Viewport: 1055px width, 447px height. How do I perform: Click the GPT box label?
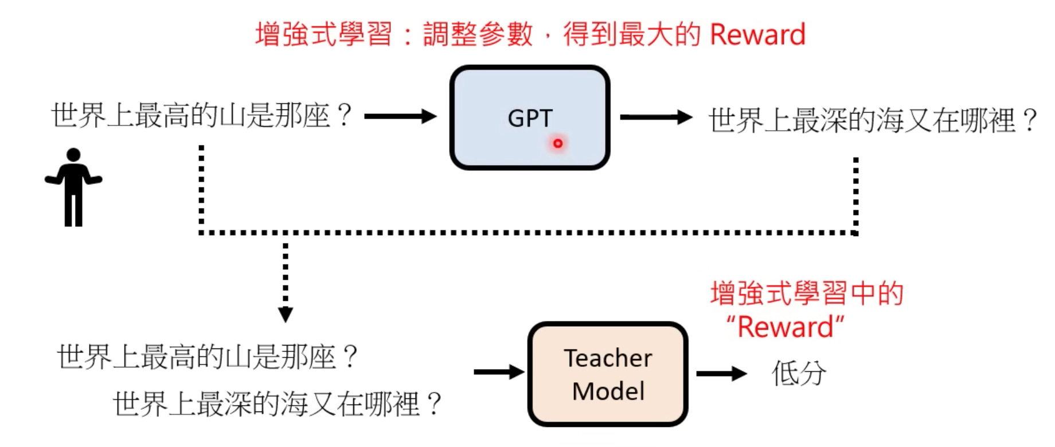(x=530, y=118)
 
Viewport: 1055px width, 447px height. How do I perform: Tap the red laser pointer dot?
(x=557, y=143)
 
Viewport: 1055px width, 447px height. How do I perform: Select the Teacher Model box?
(x=608, y=374)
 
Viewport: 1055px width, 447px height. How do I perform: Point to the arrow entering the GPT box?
(x=400, y=116)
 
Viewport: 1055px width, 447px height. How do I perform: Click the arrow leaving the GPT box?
(x=656, y=117)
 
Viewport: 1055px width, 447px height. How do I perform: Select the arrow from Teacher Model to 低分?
(x=721, y=374)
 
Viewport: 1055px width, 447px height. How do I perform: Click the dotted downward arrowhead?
(x=286, y=314)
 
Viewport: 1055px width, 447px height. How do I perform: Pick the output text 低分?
(x=798, y=374)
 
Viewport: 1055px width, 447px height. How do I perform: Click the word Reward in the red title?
(x=757, y=34)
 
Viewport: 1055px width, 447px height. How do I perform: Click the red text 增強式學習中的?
(x=806, y=293)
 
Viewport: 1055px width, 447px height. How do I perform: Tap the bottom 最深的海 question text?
(x=278, y=403)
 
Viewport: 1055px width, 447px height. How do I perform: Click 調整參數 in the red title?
(x=478, y=34)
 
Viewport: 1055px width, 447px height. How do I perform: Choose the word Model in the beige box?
(x=608, y=391)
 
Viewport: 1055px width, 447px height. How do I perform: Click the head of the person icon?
(x=73, y=155)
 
